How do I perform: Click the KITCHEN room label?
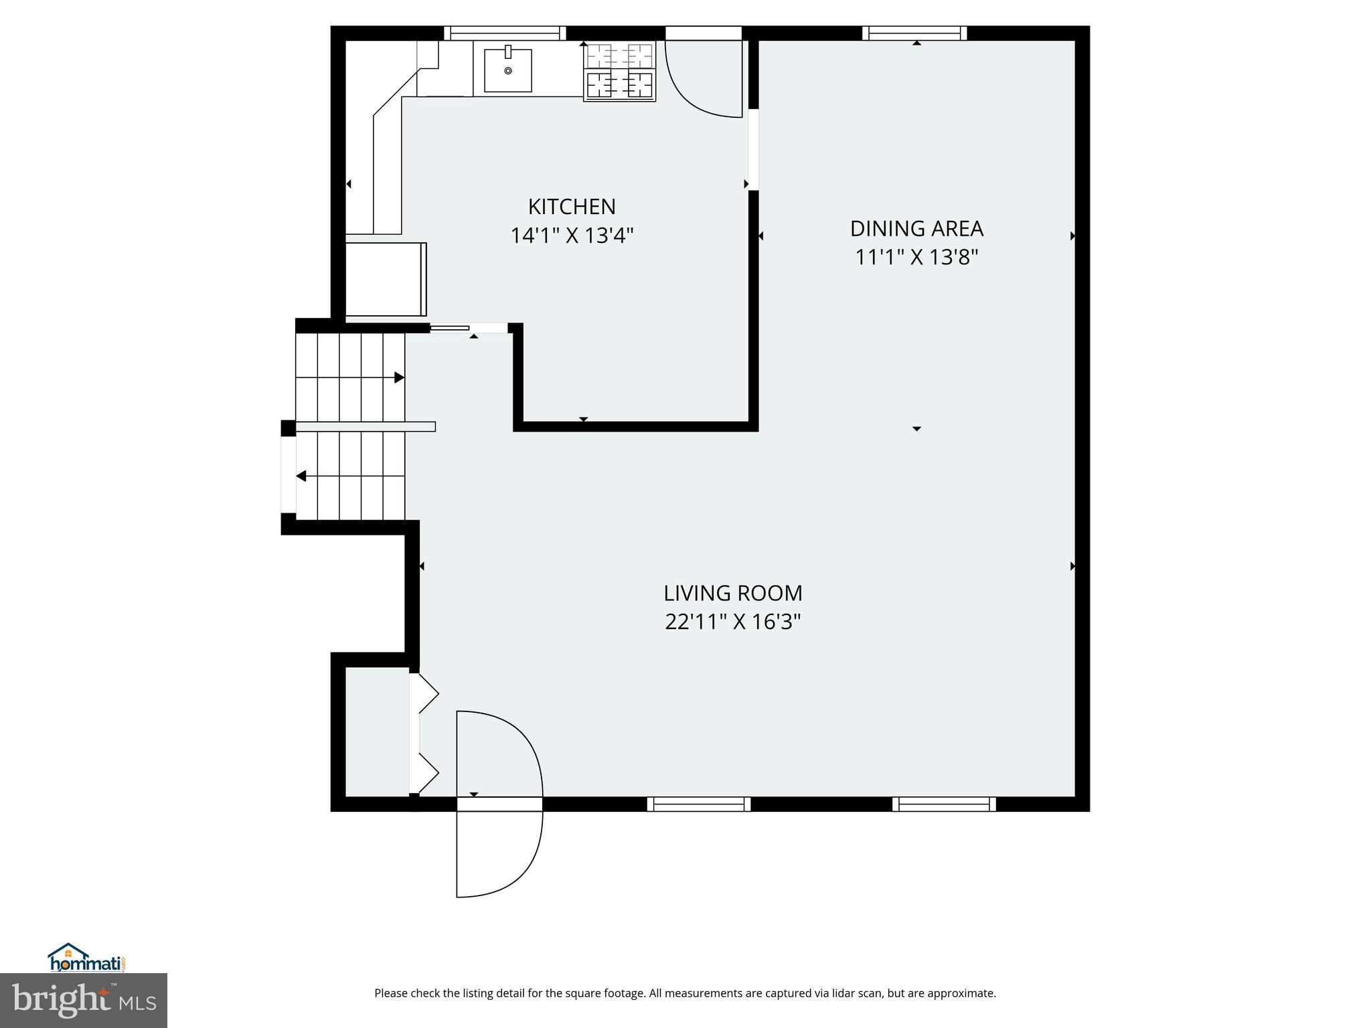click(x=571, y=207)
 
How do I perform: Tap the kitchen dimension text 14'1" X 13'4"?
click(x=571, y=236)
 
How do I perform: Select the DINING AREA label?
click(x=916, y=229)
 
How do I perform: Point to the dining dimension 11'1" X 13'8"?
click(x=916, y=257)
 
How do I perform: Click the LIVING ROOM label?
click(x=732, y=594)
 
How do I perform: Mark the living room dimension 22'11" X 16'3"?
click(x=732, y=622)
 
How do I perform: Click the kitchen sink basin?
click(x=507, y=70)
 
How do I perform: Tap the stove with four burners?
click(x=619, y=71)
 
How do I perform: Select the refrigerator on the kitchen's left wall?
click(x=385, y=279)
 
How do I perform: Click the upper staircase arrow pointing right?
click(x=399, y=377)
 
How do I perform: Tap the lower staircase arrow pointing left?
click(x=302, y=476)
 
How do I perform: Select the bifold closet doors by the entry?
click(x=424, y=734)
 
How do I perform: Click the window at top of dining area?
click(x=914, y=33)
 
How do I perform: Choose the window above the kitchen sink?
click(x=504, y=33)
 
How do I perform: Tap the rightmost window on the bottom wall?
click(x=943, y=804)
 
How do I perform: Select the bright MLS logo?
click(x=83, y=1000)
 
